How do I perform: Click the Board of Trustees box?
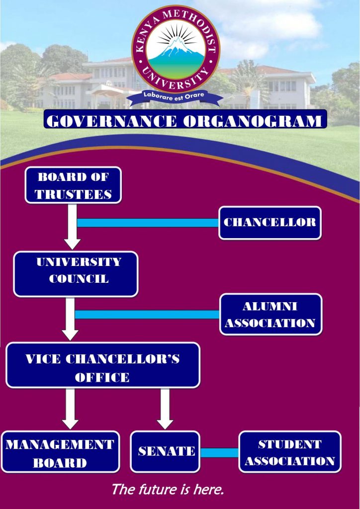73,185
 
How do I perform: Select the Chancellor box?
270,222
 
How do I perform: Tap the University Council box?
76,274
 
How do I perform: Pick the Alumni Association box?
270,314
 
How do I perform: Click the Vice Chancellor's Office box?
102,365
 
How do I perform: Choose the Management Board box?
60,452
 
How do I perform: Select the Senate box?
165,451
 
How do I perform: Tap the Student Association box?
290,452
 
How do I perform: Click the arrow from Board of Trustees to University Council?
73,229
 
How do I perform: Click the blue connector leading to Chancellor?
148,222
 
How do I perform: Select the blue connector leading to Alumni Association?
148,314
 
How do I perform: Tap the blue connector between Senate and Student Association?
219,452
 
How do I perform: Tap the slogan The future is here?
167,489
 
